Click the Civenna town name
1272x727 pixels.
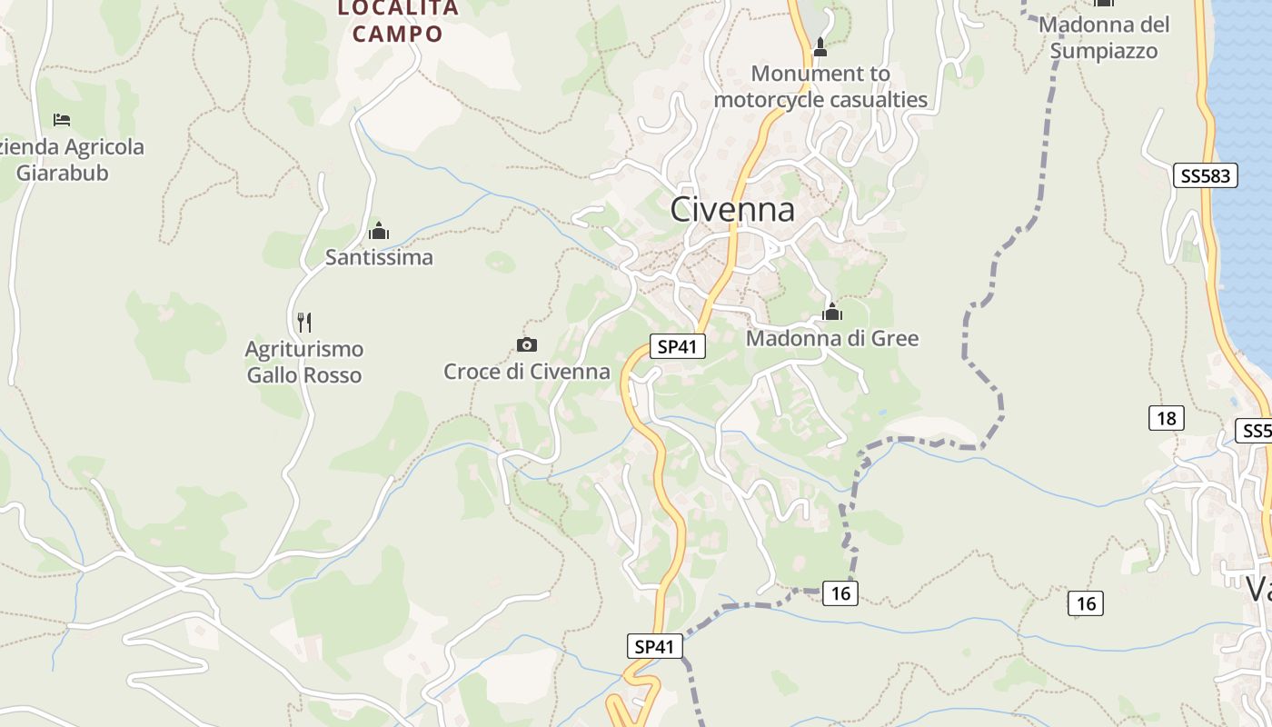732,210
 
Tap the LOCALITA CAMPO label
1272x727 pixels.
398,22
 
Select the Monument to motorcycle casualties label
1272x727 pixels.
820,86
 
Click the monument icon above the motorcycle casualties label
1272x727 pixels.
820,47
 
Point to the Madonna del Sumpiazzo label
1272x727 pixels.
1104,37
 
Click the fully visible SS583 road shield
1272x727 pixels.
1206,175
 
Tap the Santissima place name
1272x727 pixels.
379,257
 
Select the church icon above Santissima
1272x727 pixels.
379,231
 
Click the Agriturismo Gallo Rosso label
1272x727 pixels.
304,362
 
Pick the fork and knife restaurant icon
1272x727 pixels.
304,322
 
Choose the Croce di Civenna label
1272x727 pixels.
527,371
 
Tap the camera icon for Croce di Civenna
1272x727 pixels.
527,344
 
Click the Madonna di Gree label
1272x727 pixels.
832,338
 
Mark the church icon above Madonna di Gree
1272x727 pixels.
832,312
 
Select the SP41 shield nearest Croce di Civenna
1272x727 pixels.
678,346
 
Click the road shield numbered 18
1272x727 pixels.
1166,418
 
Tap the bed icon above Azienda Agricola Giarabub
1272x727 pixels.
62,119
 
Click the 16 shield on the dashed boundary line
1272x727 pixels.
840,593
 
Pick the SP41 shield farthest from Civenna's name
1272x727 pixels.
654,646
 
